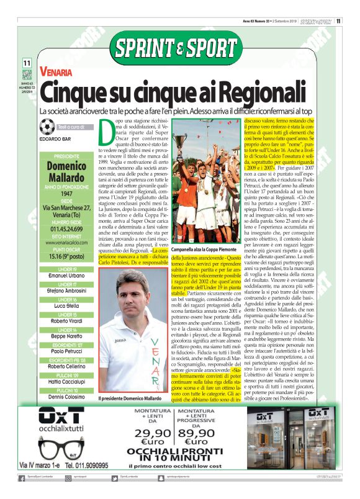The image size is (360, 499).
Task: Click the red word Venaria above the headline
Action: [60, 73]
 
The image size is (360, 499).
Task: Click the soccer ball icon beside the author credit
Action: [47, 127]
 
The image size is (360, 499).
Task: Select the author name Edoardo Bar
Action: [55, 139]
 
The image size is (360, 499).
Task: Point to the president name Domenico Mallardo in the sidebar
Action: [66, 167]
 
